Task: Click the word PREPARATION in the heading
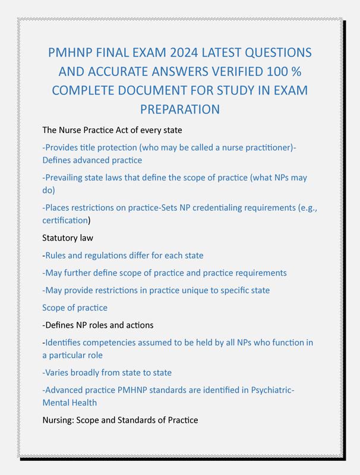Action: pos(180,109)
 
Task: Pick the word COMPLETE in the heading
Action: pos(90,90)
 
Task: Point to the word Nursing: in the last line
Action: pos(59,420)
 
